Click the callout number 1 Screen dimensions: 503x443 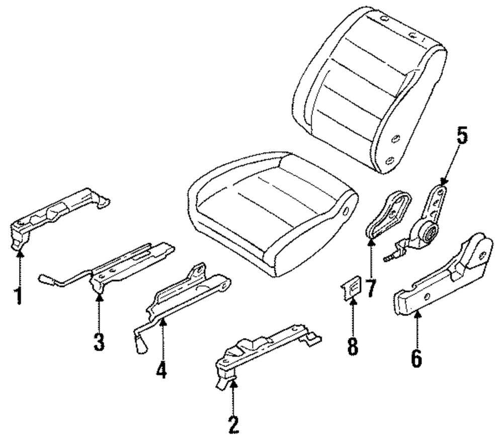(x=19, y=295)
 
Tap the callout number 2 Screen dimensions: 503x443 (x=233, y=424)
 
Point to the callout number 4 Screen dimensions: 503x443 (x=161, y=369)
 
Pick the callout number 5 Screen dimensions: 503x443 (x=462, y=137)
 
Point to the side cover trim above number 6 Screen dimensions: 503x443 (x=443, y=281)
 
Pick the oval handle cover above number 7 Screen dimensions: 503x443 (x=387, y=213)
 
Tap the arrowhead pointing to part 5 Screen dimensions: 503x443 (x=443, y=181)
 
